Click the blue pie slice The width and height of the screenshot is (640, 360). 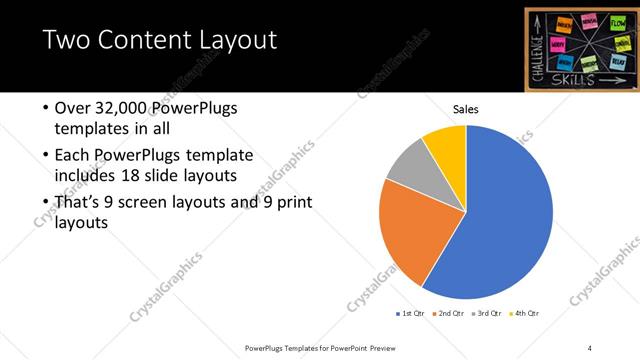pos(500,210)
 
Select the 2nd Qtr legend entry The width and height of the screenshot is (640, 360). pos(450,313)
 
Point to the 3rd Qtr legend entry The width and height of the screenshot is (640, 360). pos(486,313)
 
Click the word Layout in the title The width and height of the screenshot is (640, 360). pos(230,41)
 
